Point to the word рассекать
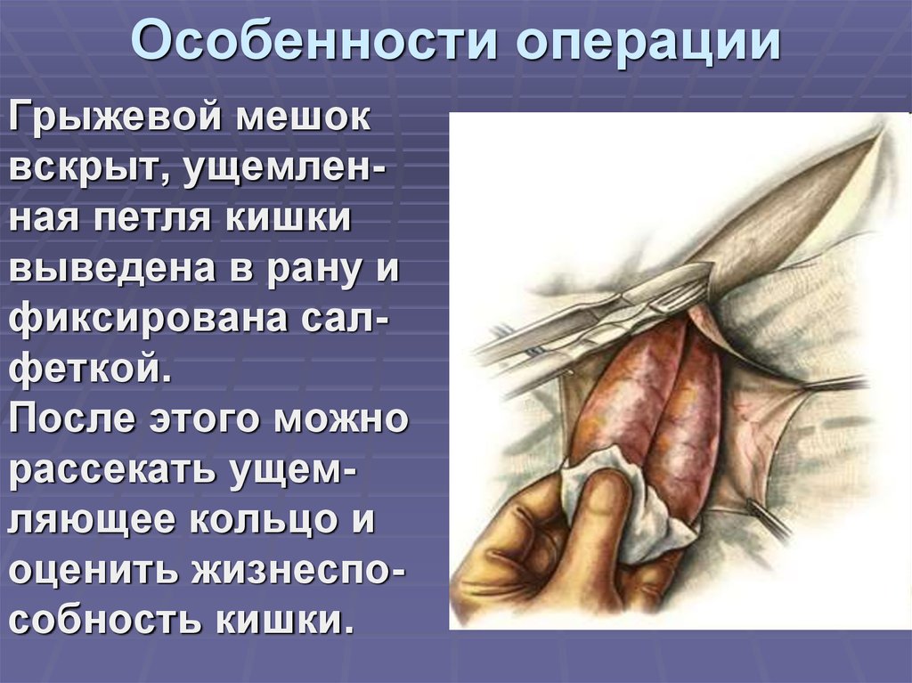(110, 469)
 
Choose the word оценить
(93, 569)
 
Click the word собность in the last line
(103, 618)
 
